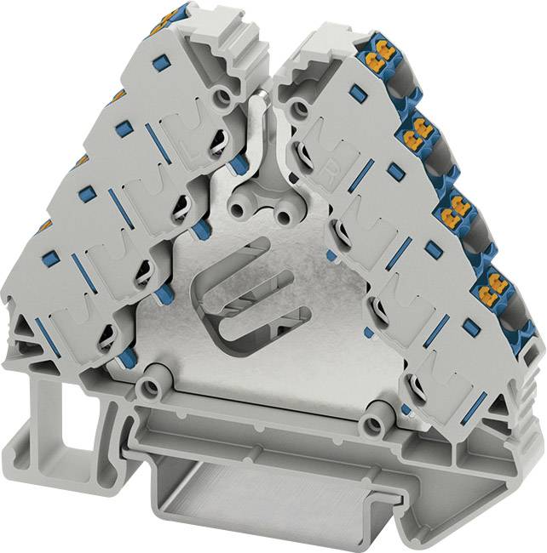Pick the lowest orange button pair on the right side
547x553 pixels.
click(x=498, y=282)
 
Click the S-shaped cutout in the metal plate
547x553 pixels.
click(x=247, y=288)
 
